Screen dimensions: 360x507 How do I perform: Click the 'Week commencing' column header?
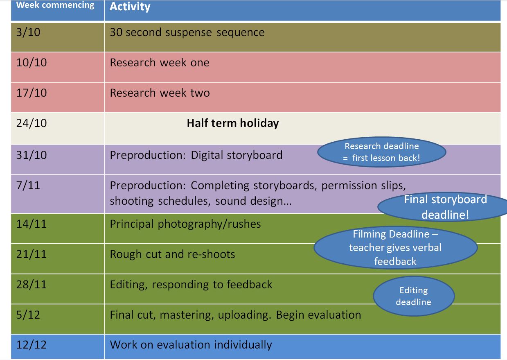point(55,6)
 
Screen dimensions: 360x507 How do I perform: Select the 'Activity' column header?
point(130,7)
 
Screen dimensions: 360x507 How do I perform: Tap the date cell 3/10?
point(28,32)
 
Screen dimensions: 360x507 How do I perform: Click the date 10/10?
point(32,63)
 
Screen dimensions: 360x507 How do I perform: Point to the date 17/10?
point(32,93)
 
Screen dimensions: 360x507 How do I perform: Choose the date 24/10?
point(32,123)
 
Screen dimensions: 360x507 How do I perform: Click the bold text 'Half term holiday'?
point(233,123)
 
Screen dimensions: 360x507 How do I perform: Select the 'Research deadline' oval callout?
point(382,152)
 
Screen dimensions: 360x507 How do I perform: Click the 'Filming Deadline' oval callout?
point(395,248)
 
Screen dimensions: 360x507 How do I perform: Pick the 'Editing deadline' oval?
point(413,296)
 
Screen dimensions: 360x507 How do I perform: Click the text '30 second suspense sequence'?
point(187,32)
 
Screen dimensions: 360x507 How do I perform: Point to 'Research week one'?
point(159,63)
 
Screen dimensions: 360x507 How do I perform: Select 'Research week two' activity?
point(160,93)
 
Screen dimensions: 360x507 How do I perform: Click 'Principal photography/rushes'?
point(185,224)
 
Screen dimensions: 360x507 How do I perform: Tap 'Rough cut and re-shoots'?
point(172,254)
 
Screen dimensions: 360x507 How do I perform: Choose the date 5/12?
point(28,315)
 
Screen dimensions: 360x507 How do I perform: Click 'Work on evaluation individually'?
point(191,345)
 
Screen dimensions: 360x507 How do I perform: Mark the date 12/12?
point(32,345)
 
